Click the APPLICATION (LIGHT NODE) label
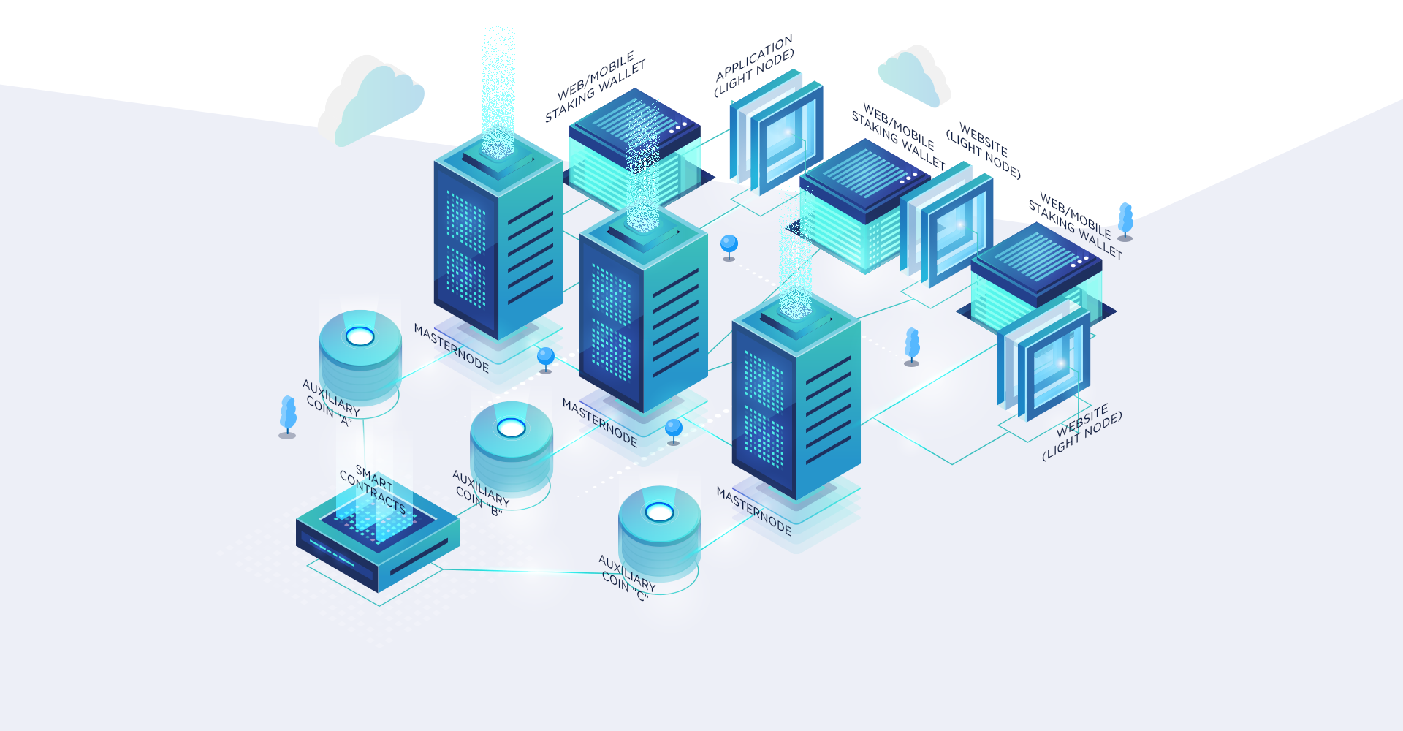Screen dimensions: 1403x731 coord(754,66)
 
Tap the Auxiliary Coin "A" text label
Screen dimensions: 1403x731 coord(331,402)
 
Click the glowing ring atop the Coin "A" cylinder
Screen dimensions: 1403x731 coord(360,336)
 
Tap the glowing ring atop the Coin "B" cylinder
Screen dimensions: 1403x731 coord(511,428)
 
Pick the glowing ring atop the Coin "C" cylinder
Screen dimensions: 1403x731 coord(659,512)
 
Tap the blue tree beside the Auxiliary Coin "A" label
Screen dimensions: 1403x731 coord(288,417)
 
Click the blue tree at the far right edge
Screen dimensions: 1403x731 coord(1125,222)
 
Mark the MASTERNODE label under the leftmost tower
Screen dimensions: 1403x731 coord(451,348)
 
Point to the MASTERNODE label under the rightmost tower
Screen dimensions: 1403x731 coord(753,511)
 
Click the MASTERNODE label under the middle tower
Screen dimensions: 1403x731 coord(599,423)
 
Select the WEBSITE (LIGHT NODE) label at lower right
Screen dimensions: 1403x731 coord(1081,432)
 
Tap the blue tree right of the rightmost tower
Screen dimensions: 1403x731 coord(912,346)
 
